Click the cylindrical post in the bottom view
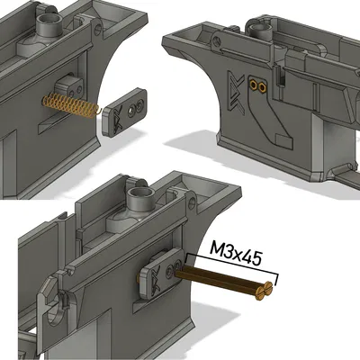point(141,197)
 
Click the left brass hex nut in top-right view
point(254,85)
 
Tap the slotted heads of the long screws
point(263,290)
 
